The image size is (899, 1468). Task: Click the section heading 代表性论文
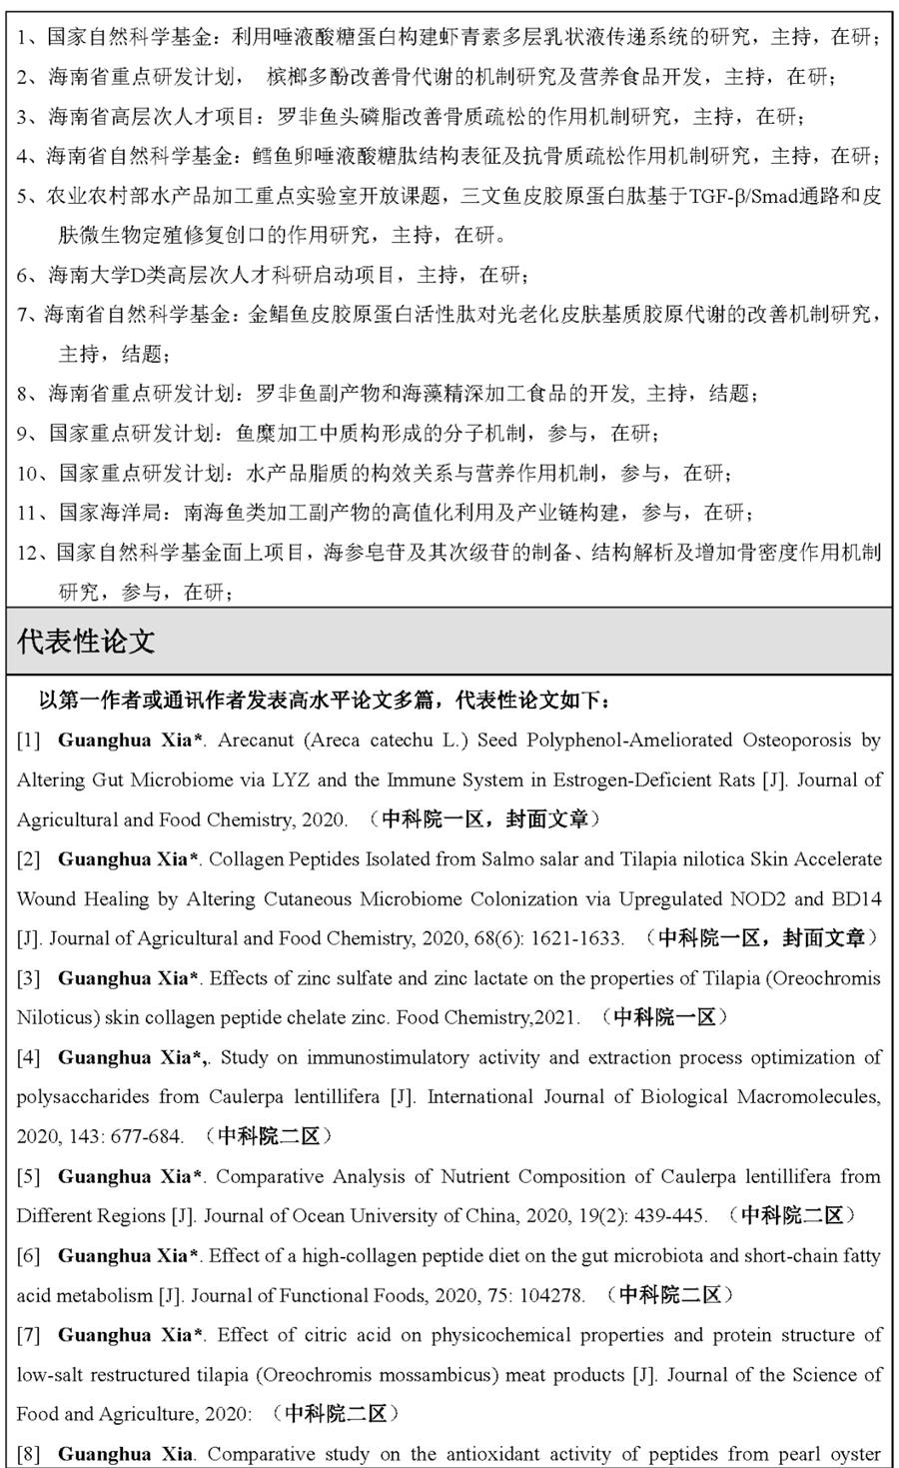click(86, 642)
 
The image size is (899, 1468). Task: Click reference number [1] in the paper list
click(28, 740)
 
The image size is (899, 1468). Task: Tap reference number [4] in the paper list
click(28, 1057)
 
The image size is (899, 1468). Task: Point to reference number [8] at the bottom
click(28, 1454)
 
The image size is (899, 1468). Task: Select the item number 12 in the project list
click(29, 553)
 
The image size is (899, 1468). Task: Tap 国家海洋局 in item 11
click(109, 513)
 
